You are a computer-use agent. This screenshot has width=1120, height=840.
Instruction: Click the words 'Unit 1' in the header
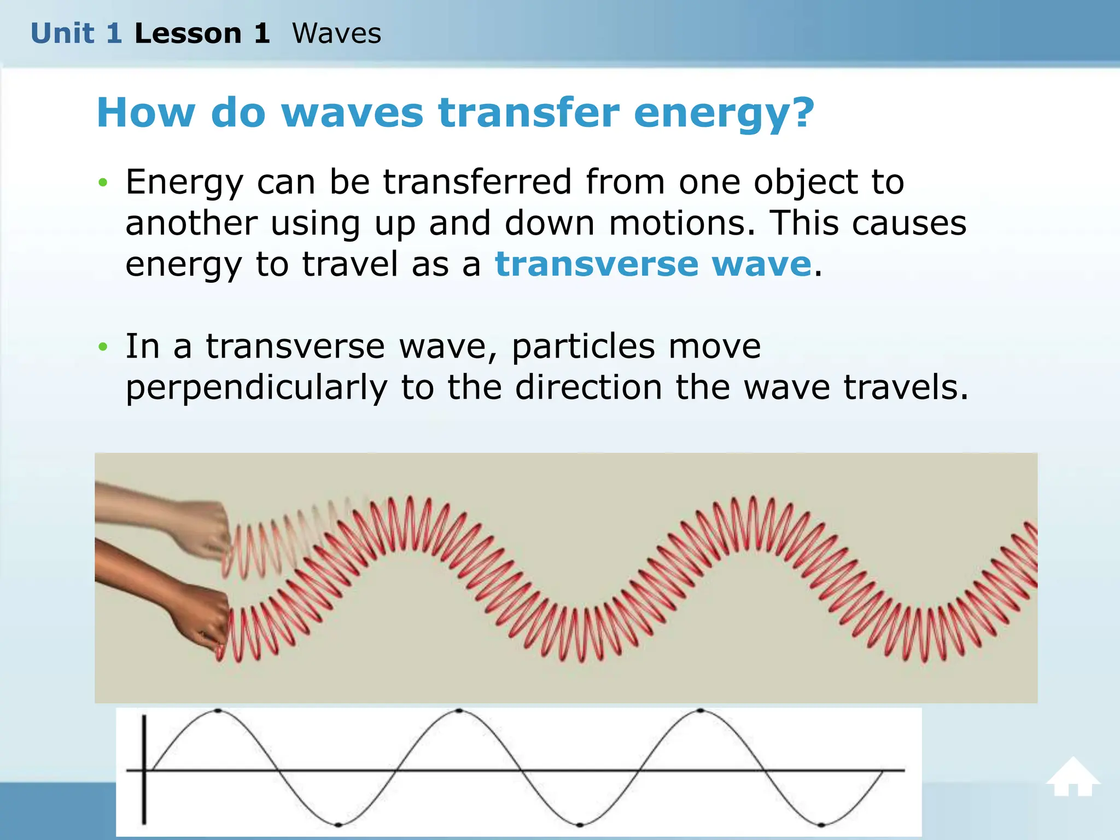(x=76, y=33)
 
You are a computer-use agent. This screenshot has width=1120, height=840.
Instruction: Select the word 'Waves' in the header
(x=336, y=33)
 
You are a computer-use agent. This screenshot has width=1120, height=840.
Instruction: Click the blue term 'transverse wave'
(x=653, y=264)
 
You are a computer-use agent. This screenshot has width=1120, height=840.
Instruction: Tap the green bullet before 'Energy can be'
(x=103, y=183)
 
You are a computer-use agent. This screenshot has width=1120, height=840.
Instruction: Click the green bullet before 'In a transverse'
(x=103, y=347)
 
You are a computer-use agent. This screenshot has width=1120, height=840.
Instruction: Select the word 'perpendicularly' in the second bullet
(x=256, y=388)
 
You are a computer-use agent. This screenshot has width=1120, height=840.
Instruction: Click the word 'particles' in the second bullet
(x=583, y=347)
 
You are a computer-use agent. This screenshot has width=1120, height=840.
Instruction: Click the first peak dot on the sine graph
(x=218, y=711)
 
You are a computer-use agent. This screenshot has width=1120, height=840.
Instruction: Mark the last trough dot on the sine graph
(x=821, y=824)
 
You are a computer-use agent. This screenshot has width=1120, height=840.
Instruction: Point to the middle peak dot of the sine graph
(x=459, y=711)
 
